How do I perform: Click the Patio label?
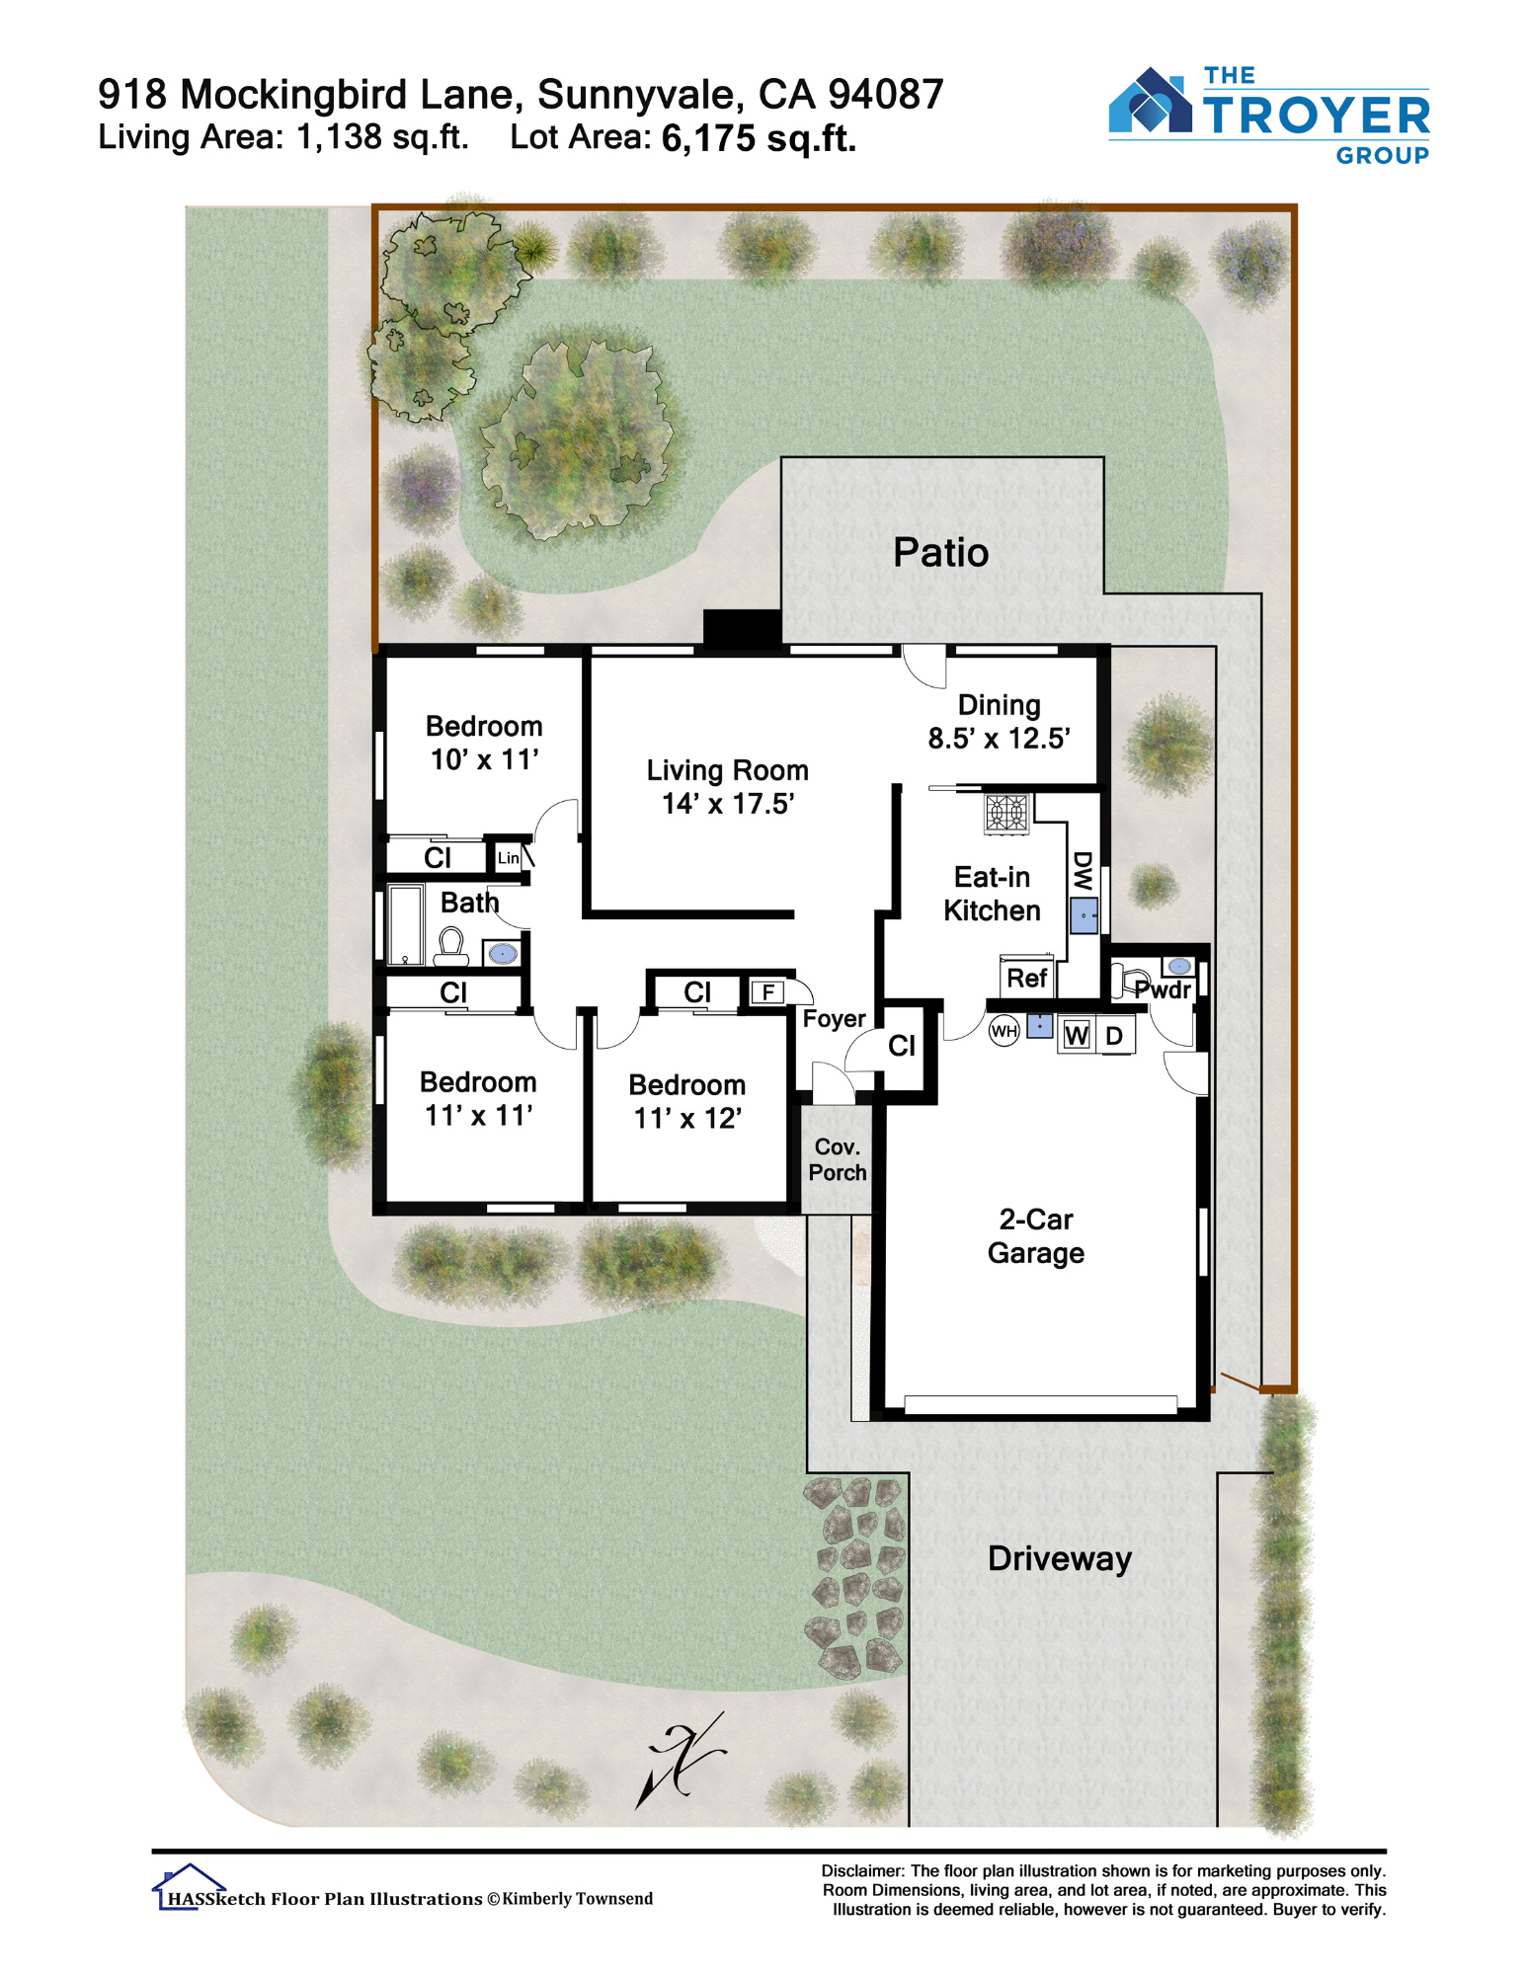click(x=939, y=553)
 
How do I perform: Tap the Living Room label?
click(x=727, y=770)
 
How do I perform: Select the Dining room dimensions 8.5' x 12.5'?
click(x=999, y=739)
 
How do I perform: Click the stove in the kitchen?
click(x=1007, y=814)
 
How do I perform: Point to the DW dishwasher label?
click(x=1083, y=871)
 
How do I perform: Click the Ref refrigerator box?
click(x=1026, y=978)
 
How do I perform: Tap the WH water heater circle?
click(x=1004, y=1032)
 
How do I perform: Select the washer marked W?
click(x=1077, y=1035)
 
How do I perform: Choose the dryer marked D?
click(x=1114, y=1035)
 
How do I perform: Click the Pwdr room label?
click(x=1163, y=989)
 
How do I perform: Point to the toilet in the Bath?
click(x=451, y=946)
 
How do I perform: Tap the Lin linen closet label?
click(x=508, y=858)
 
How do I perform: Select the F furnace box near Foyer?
click(x=767, y=992)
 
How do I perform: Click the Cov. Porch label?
click(x=837, y=1159)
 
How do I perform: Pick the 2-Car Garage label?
click(x=1035, y=1236)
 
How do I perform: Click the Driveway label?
click(x=1059, y=1559)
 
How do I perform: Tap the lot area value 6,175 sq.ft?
click(x=759, y=138)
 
